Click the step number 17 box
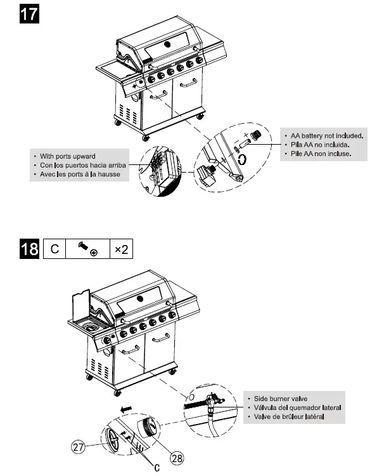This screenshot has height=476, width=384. click(29, 14)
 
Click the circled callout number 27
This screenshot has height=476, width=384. click(78, 447)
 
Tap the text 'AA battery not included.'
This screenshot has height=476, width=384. click(326, 135)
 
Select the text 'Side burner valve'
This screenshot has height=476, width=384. click(281, 398)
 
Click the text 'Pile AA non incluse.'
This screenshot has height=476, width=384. click(320, 153)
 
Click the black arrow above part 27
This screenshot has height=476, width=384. click(127, 409)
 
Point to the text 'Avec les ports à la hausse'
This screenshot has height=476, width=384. click(80, 173)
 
